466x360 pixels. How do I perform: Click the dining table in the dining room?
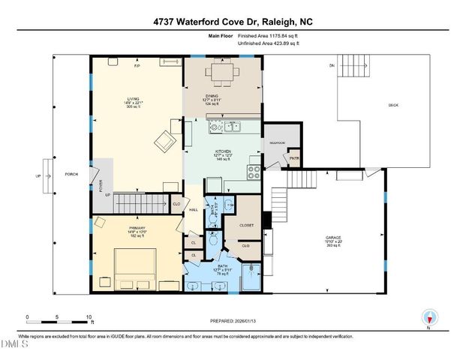221,73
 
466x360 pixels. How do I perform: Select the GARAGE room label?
333,238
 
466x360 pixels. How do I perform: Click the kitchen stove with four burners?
254,170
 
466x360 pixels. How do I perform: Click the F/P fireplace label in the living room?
137,67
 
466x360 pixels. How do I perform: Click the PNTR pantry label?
294,158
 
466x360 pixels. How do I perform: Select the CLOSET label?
246,224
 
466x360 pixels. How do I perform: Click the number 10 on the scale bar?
89,316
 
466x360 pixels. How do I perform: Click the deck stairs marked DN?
351,67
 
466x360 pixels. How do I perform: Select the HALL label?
193,210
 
